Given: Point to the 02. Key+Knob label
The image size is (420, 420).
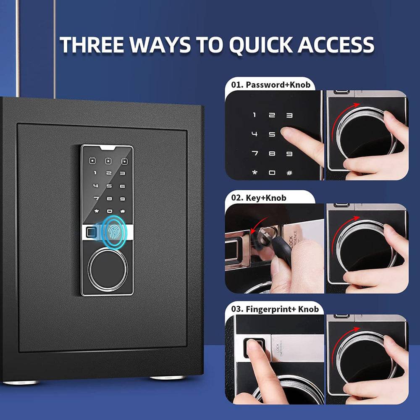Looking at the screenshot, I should (260, 197).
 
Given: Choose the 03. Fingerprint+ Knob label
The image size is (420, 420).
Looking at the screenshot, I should (275, 310).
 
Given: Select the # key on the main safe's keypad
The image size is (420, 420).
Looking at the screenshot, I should (123, 211).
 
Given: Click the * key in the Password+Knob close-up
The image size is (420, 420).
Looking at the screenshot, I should (255, 172).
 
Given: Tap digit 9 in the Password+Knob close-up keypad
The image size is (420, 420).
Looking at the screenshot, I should (289, 153).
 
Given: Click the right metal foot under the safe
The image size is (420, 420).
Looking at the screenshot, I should (167, 377).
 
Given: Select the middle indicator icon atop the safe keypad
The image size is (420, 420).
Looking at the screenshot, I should (108, 161).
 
